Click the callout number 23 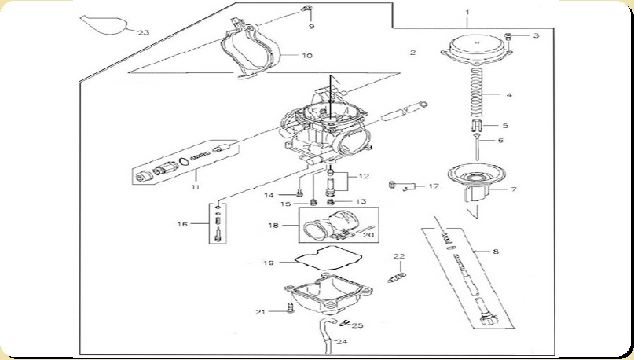click(x=144, y=32)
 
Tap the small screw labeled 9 click(x=307, y=8)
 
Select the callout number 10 click(x=307, y=55)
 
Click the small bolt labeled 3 click(x=509, y=36)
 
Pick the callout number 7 click(x=514, y=189)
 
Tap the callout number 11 click(x=196, y=187)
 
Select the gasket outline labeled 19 click(x=328, y=259)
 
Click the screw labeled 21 click(x=290, y=308)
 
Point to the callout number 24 click(x=342, y=341)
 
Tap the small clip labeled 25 click(x=343, y=323)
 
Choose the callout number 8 click(x=496, y=252)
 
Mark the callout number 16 click(x=182, y=224)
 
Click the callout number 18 click(x=273, y=225)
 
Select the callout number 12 click(x=364, y=176)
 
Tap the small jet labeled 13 click(x=330, y=201)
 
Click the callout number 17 click(x=434, y=186)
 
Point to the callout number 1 click(x=467, y=13)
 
